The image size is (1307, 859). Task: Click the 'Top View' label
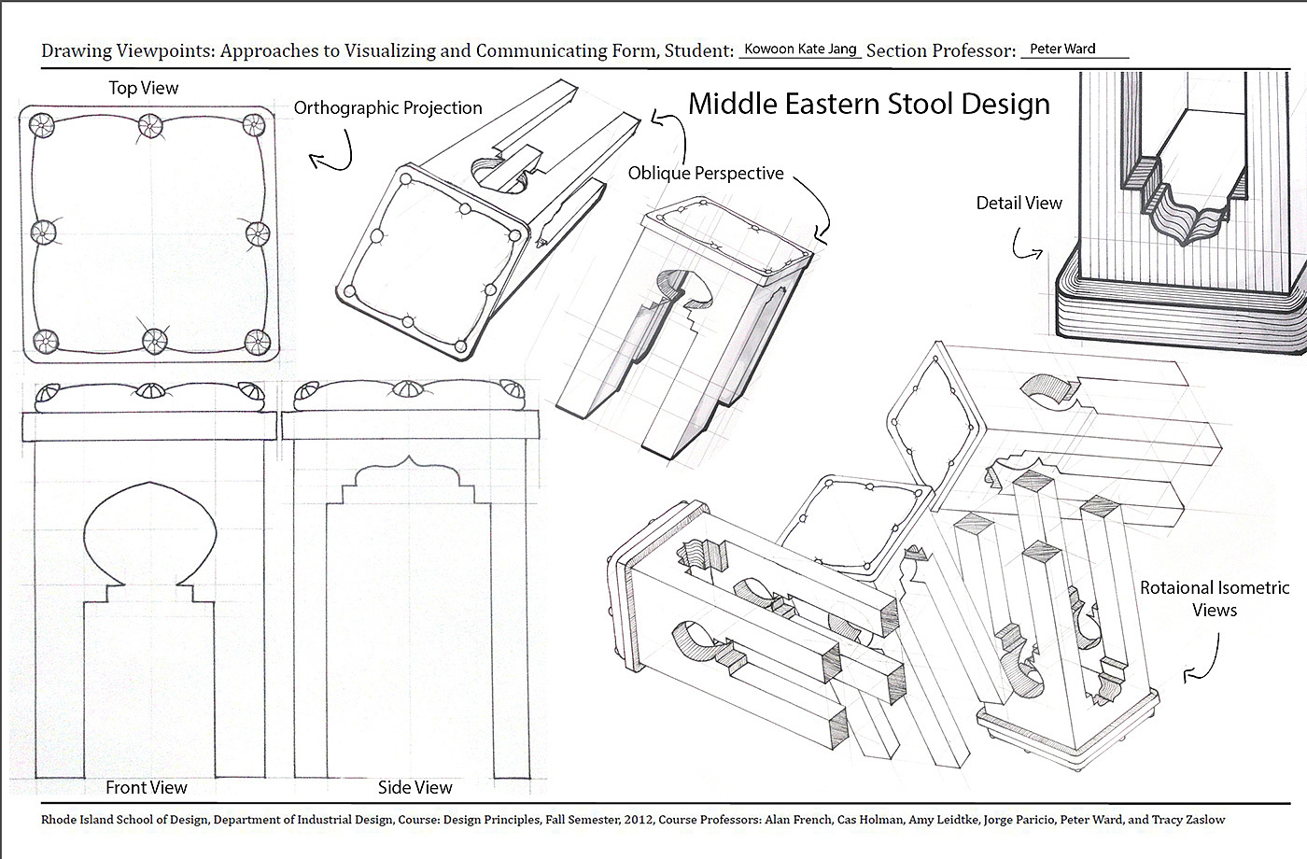[x=143, y=88]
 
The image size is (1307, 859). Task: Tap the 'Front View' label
[x=146, y=787]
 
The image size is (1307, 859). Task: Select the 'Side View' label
[x=415, y=787]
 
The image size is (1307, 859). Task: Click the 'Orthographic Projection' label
[x=387, y=107]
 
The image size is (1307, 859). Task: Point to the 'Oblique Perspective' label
[x=705, y=173]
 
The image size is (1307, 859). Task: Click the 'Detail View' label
[x=1019, y=203]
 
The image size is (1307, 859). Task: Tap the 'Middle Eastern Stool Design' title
[x=868, y=103]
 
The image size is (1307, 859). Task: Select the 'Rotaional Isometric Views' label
[x=1214, y=598]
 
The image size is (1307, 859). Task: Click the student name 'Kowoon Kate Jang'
[x=800, y=49]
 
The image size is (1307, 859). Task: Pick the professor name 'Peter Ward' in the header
[x=1062, y=49]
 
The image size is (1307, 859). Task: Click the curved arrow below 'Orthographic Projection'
[x=333, y=151]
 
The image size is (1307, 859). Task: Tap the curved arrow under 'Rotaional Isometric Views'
[x=1204, y=659]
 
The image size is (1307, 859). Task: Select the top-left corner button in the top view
[x=39, y=124]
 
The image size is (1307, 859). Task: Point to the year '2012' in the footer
[x=634, y=820]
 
